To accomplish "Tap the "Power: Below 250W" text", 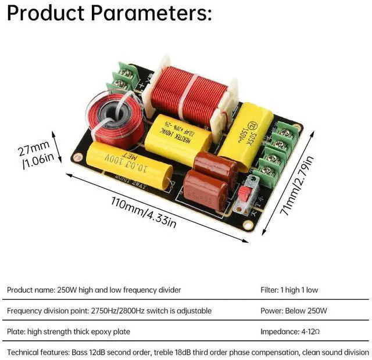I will (x=294, y=311).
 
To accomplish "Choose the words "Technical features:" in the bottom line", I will (x=38, y=352).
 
